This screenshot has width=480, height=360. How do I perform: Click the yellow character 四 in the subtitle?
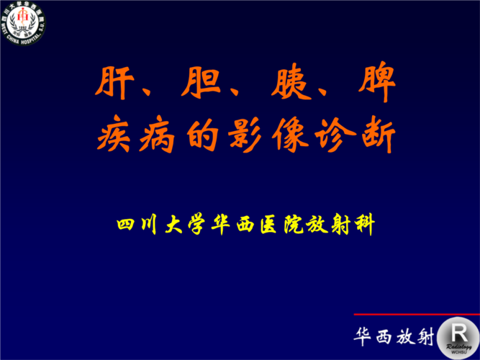[127, 224]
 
